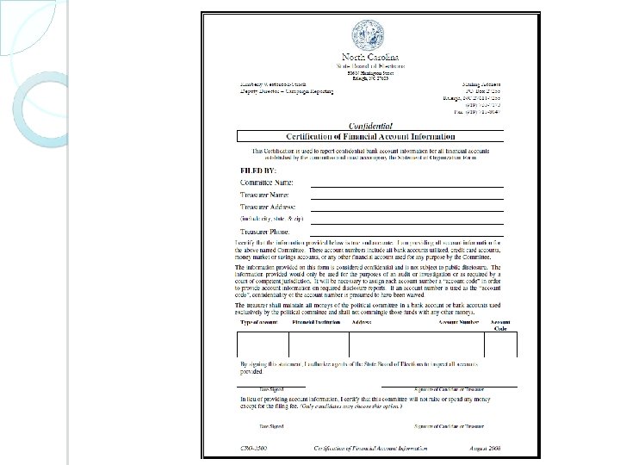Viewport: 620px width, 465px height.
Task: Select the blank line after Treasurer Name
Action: tap(406, 198)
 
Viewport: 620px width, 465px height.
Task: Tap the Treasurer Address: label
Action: tap(268, 208)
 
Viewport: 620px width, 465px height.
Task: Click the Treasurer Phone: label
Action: tap(265, 232)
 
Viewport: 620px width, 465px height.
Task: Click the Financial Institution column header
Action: tap(318, 322)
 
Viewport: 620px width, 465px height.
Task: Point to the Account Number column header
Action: tap(458, 322)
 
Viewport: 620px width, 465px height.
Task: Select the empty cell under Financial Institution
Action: tap(319, 344)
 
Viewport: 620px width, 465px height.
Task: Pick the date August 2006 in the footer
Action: tap(484, 449)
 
